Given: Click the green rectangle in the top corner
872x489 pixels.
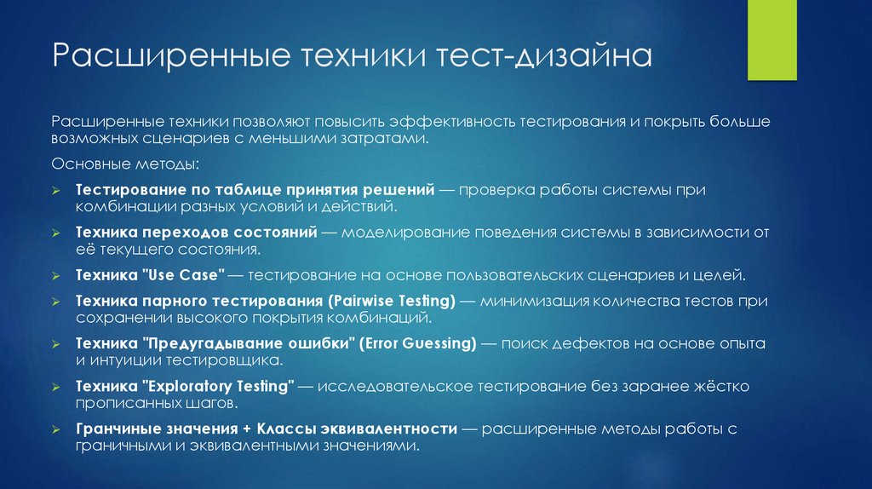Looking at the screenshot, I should click(x=779, y=40).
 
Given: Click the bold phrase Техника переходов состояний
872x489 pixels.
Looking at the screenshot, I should click(x=196, y=232).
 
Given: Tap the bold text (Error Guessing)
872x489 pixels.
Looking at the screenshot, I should click(x=416, y=343).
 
